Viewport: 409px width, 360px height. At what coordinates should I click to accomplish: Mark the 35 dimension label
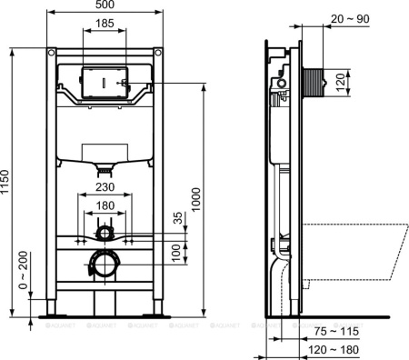[178, 219]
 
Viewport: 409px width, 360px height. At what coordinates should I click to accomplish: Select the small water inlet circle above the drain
[106, 235]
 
